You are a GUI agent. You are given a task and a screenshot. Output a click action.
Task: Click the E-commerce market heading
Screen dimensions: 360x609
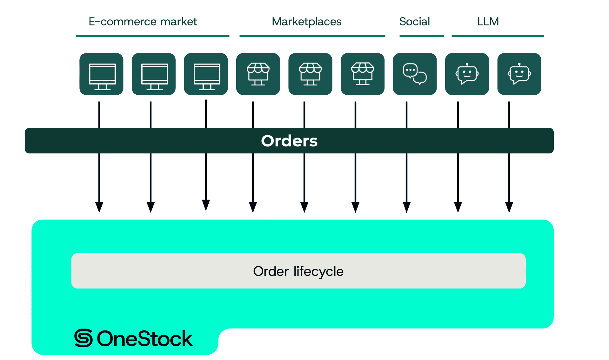tap(143, 22)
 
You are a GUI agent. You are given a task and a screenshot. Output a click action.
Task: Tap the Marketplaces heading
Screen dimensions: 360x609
tap(306, 22)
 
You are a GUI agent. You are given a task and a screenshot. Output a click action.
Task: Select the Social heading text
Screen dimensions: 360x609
tap(414, 22)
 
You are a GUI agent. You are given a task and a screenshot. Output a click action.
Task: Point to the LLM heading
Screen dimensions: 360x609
tap(488, 22)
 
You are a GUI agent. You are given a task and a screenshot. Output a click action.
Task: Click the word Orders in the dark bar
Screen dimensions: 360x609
tap(289, 141)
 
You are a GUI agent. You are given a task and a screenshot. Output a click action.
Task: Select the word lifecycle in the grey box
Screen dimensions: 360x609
tap(318, 271)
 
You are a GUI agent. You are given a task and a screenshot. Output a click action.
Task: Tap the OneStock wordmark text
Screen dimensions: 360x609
tap(145, 339)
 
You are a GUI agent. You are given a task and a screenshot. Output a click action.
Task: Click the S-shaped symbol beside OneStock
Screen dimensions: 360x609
tap(84, 338)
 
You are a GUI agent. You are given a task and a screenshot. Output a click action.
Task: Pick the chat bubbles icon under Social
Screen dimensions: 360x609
tap(415, 74)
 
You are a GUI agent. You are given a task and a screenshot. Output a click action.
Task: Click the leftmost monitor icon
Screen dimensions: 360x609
tap(101, 74)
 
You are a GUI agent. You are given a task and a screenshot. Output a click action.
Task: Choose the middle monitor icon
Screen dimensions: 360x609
tap(154, 74)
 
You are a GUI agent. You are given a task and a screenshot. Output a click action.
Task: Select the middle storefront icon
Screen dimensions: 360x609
tap(310, 74)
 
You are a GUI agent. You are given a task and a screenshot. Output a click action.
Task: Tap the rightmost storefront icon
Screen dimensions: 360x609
tap(363, 74)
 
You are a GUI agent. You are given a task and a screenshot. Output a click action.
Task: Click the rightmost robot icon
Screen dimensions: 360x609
tap(519, 74)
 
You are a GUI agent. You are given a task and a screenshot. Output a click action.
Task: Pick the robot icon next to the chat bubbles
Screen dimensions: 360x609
tap(467, 74)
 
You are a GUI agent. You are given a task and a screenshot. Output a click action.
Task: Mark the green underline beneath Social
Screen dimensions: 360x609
tap(421, 36)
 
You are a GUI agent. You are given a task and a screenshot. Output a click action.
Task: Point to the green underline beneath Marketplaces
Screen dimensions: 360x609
tap(312, 36)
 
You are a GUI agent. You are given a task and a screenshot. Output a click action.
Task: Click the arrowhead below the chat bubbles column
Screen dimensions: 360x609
tap(406, 207)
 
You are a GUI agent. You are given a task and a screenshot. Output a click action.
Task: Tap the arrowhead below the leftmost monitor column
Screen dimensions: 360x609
tap(99, 207)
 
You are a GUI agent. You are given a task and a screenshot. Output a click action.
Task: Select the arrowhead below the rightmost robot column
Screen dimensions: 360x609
tap(509, 207)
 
